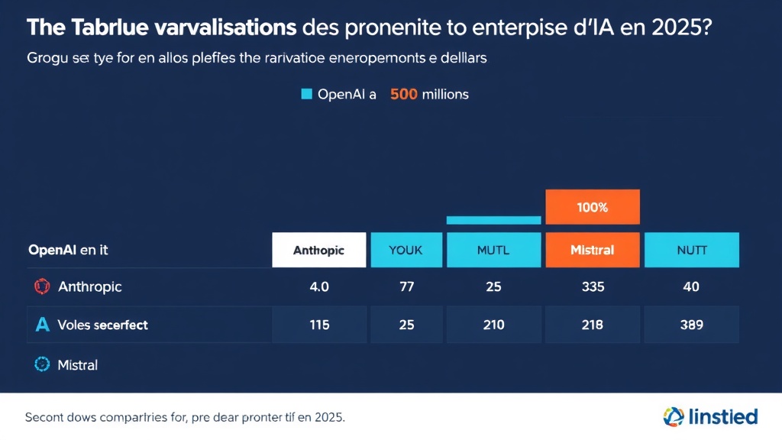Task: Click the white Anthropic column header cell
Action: coord(319,250)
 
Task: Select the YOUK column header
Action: coord(406,250)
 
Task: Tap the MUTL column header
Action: coord(493,250)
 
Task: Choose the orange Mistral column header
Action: coord(593,250)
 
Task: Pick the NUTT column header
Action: coord(692,250)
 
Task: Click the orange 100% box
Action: coord(593,207)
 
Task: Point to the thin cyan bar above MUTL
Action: coord(493,220)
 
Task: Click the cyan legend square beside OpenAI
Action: coord(307,95)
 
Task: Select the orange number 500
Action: coord(403,95)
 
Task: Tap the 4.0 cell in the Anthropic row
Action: coord(319,287)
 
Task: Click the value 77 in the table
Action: coord(406,287)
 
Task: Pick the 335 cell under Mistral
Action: coord(593,287)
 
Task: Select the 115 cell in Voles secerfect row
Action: coord(319,325)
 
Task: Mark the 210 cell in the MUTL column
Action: coord(493,325)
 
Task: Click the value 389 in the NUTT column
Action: coord(692,325)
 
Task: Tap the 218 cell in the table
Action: coord(593,325)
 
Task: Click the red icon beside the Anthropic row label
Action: coord(41,287)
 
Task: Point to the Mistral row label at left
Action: coord(77,365)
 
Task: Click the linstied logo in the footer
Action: coord(710,417)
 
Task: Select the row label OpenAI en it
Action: coord(68,250)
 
